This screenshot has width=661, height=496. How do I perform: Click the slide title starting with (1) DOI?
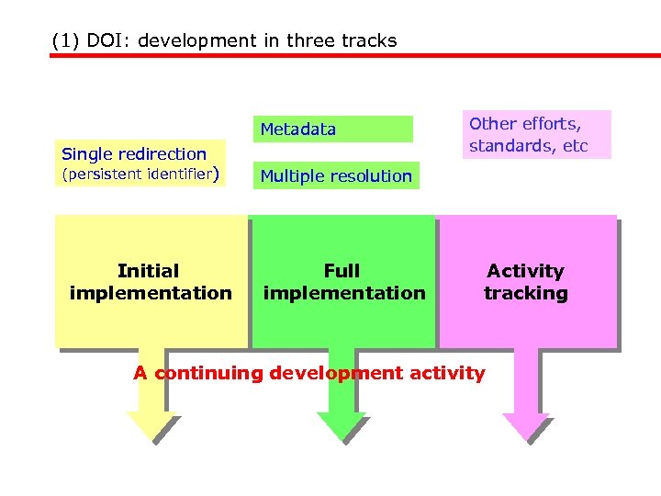point(225,40)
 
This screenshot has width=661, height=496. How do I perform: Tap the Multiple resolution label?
point(336,175)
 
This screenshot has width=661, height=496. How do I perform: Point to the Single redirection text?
point(133,153)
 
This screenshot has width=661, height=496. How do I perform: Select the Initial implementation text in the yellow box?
point(150,282)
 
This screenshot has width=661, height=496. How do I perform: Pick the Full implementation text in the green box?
point(343,282)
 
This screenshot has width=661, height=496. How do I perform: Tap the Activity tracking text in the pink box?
point(525,282)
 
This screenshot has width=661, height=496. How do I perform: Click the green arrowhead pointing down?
point(341,424)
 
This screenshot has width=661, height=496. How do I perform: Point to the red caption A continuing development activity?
point(309,373)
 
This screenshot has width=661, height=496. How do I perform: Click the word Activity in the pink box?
point(525,271)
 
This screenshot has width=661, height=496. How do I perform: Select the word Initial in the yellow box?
point(149,271)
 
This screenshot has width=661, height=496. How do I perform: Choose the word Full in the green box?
point(342,271)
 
